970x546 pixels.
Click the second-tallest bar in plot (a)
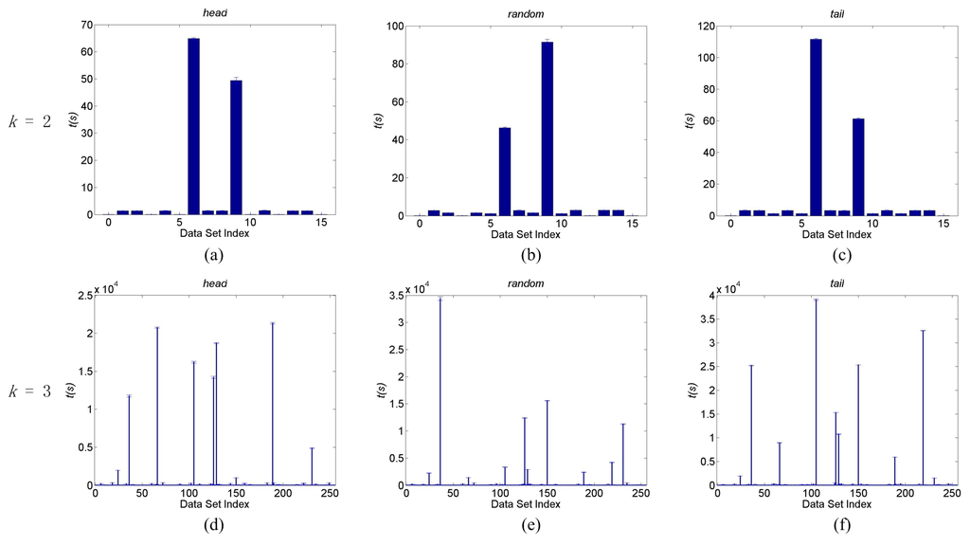pos(236,148)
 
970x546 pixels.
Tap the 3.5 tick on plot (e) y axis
pos(392,296)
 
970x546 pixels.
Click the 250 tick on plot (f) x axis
pos(951,495)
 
